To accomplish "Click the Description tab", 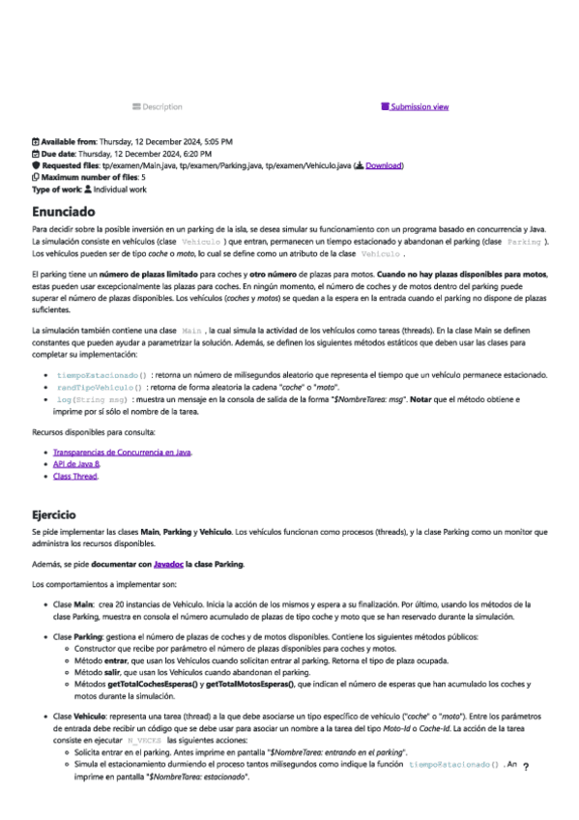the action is pos(157,106).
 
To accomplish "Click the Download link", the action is pos(383,165).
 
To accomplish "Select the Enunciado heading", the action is pos(63,210).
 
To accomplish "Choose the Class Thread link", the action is pos(75,477).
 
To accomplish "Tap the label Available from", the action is pos(72,141).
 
